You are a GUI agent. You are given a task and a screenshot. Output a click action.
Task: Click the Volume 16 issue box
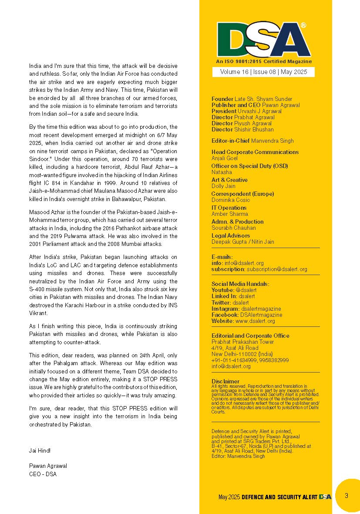coord(263,72)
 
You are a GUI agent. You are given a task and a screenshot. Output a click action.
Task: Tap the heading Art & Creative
coord(229,180)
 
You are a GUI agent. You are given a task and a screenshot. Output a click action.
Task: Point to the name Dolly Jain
coord(223,186)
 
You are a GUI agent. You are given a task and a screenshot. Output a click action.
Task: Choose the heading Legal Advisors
coord(231,235)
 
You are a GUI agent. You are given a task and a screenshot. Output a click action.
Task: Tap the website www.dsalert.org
coord(255,321)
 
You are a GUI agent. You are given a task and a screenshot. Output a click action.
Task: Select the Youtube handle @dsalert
coord(246,290)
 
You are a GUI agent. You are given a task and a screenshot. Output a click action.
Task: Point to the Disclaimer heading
coord(225,381)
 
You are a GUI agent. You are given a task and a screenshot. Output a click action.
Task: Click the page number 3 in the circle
coord(346,496)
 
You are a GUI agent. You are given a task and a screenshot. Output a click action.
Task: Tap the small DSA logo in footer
coord(325,497)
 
